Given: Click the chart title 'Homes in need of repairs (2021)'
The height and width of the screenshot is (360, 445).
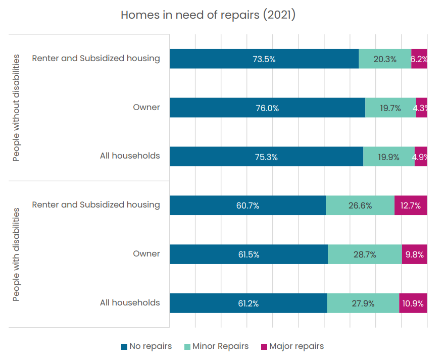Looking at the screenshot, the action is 208,15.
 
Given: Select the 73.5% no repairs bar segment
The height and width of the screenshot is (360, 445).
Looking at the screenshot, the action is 264,59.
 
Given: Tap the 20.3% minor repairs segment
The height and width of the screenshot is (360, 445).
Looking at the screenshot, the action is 385,59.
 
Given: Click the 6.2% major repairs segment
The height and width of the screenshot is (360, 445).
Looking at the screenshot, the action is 419,59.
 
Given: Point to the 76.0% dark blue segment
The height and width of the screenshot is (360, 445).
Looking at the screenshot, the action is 268,108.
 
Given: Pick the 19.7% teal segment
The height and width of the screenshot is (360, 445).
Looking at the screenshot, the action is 391,108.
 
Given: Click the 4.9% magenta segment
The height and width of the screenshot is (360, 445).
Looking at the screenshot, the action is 421,157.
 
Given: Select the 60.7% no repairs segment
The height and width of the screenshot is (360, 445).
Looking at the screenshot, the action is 248,205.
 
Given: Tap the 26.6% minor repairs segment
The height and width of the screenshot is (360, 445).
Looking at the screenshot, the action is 361,205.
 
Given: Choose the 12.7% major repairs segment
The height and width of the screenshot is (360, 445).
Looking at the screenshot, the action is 411,205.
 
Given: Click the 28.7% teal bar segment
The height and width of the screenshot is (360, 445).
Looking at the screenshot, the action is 365,254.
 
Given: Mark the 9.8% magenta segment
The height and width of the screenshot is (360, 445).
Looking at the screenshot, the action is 415,254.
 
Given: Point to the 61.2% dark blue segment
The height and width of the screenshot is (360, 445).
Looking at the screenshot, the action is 249,303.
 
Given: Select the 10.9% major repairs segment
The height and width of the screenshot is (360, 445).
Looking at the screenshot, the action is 413,303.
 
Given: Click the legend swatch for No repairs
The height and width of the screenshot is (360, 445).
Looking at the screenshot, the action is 124,347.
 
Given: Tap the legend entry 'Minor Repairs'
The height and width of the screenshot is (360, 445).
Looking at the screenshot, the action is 217,346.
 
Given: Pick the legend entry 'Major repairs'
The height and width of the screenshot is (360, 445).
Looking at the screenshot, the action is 292,346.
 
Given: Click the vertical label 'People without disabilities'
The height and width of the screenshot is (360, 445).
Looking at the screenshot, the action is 16,108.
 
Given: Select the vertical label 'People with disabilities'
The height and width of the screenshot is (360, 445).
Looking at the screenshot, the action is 16,254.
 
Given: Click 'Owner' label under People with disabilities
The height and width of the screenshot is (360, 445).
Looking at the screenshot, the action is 146,253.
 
